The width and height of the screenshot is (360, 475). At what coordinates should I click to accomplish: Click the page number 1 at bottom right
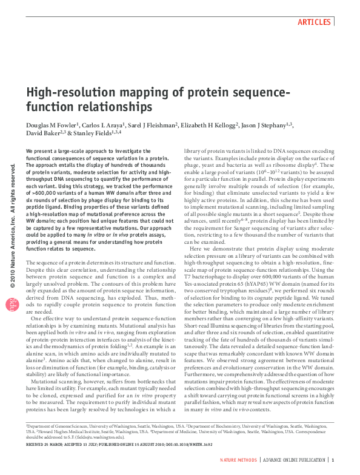point(333,461)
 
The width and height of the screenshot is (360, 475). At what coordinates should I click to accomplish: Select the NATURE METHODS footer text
point(238,461)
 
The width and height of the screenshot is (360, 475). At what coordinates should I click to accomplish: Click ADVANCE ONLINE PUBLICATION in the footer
point(294,461)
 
